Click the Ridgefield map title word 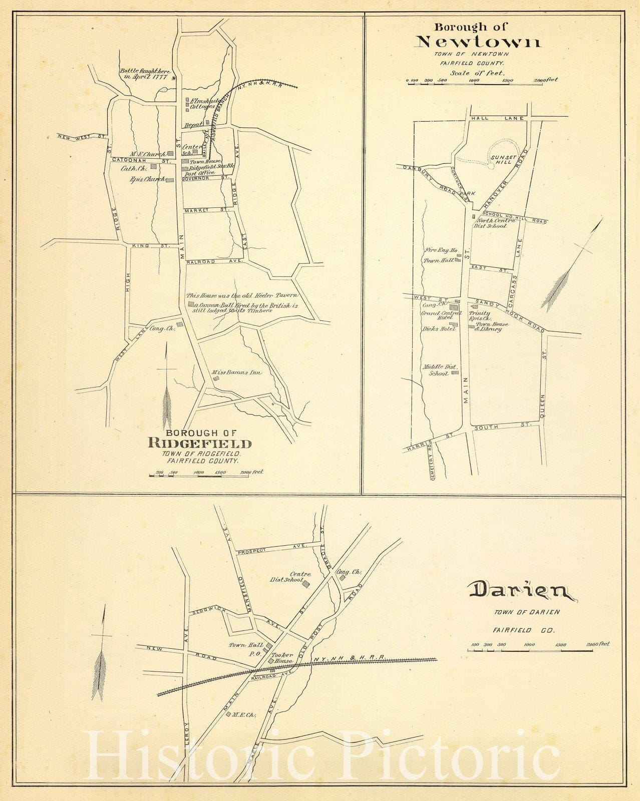pos(200,444)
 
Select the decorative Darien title pos(521,591)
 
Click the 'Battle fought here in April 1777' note pos(145,74)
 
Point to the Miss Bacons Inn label pos(237,372)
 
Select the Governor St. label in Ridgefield pos(205,178)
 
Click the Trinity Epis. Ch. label pos(480,315)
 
